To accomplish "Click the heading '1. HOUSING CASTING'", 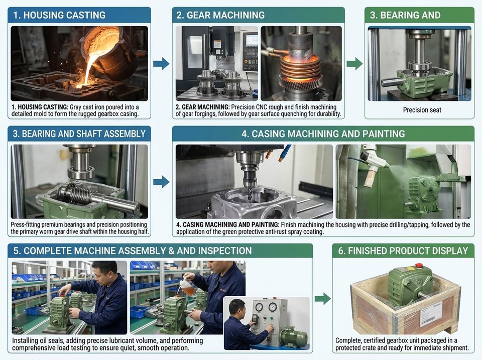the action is [x=59, y=15].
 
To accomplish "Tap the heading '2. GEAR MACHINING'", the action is [x=220, y=15].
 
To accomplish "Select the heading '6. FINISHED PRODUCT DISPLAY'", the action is [x=403, y=251].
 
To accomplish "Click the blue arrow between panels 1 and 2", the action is [x=161, y=64].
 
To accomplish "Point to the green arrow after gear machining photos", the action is [x=354, y=64].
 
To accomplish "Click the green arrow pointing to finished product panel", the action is [x=323, y=298].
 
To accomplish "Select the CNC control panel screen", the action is [x=251, y=40].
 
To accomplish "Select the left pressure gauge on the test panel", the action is [x=259, y=307].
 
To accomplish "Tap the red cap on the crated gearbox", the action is [x=419, y=265].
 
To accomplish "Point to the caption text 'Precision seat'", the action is [x=422, y=110].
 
